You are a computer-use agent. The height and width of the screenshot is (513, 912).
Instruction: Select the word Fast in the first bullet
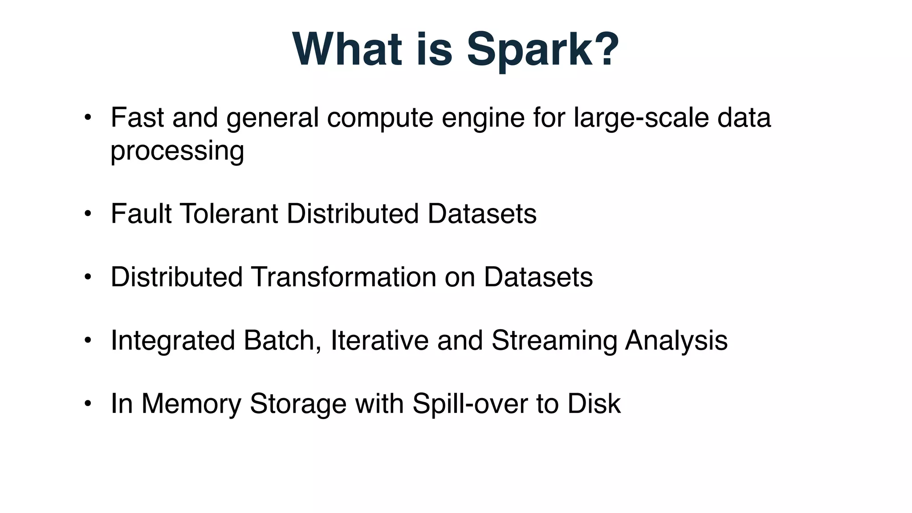pos(137,118)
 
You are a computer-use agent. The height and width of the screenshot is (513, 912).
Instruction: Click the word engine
pos(483,118)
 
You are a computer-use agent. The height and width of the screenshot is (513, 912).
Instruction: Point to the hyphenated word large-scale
pos(641,118)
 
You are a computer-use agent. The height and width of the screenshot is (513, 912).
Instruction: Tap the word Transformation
pos(343,277)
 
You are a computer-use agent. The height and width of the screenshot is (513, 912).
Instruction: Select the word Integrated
pos(173,341)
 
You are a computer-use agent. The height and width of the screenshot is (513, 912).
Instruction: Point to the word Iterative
pos(380,341)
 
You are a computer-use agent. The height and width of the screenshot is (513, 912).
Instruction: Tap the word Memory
pos(191,404)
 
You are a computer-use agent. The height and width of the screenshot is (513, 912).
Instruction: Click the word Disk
pos(594,404)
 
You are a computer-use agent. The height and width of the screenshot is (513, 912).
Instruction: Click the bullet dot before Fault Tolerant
pos(88,214)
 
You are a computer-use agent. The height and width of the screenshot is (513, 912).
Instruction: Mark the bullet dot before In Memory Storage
pos(88,404)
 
